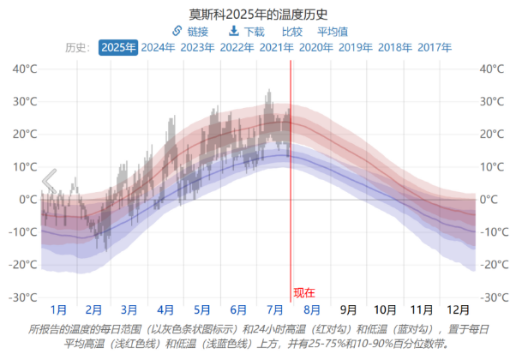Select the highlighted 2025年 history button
pos(118,48)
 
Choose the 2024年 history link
pos(158,48)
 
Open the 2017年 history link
pos(435,48)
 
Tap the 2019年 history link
pos(355,48)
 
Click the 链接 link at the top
pos(190,31)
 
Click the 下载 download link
pos(246,31)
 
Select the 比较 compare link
pos(292,31)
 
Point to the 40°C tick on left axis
pos(23,69)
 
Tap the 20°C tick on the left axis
pos(23,135)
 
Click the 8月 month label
pos(312,310)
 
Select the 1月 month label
pos(58,310)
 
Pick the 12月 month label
pos(458,310)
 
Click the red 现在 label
pos(304,292)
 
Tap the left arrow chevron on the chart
pos(49,181)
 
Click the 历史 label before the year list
pos(78,48)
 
